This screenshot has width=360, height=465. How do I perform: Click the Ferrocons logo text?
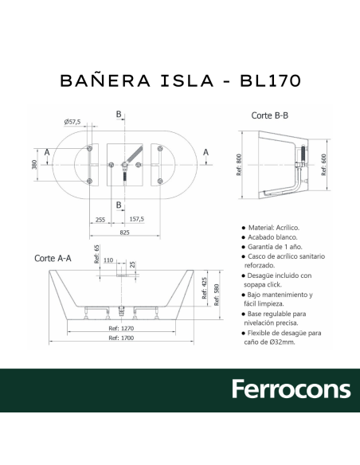pos(291,389)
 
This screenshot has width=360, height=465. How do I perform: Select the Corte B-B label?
pos(269,115)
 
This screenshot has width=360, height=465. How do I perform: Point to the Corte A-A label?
pos(53,258)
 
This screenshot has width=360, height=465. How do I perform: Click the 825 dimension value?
pos(125,232)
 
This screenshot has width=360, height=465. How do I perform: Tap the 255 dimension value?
pos(100,219)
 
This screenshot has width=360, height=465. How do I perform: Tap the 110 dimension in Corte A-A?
pos(108,261)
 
